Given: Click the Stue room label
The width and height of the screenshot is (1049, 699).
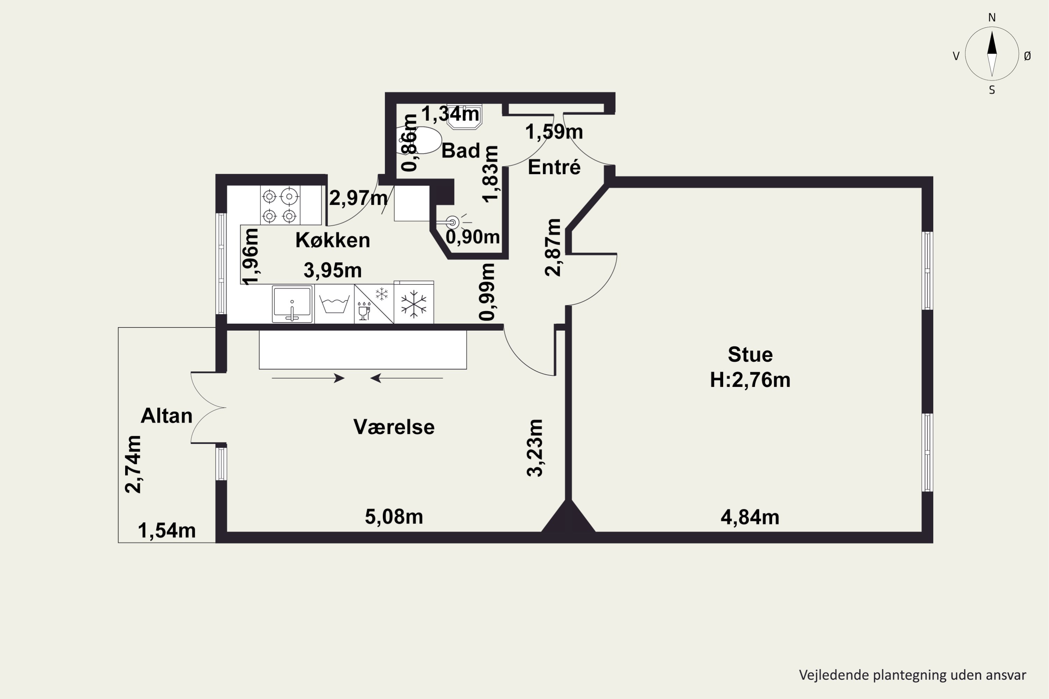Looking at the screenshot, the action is [x=750, y=355].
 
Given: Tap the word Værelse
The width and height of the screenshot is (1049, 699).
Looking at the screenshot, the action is [x=394, y=427].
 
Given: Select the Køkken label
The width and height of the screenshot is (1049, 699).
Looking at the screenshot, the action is [x=333, y=240].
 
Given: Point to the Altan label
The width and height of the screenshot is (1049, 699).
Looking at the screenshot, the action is [x=166, y=416].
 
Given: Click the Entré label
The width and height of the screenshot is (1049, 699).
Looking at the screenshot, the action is [x=554, y=167].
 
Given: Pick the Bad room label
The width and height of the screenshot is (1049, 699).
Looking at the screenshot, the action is [x=461, y=151].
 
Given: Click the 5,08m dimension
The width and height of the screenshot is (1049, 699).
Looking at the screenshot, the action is [x=394, y=517].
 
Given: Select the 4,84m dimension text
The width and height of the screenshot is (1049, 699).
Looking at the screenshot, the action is [x=750, y=517].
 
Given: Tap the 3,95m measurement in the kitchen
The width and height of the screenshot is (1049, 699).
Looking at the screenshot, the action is [x=333, y=270].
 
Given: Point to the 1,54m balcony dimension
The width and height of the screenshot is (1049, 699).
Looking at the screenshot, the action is [x=166, y=531].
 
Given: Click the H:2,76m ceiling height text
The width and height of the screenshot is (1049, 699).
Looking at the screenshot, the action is [x=750, y=380].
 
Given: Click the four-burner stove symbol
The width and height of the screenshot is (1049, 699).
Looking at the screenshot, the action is [x=280, y=206].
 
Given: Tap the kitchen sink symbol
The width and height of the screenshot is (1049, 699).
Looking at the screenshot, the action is [x=292, y=304].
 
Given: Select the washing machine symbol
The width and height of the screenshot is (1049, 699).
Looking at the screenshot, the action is [x=334, y=304].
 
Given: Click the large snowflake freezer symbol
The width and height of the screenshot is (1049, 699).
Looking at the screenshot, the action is [x=413, y=304].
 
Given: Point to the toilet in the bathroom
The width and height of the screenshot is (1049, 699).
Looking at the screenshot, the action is [x=418, y=140].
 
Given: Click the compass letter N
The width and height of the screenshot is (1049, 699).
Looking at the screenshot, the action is [x=992, y=17].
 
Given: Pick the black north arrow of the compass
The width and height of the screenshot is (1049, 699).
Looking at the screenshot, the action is [x=992, y=43].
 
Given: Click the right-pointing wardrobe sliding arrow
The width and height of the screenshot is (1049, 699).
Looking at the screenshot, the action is [x=308, y=379].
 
